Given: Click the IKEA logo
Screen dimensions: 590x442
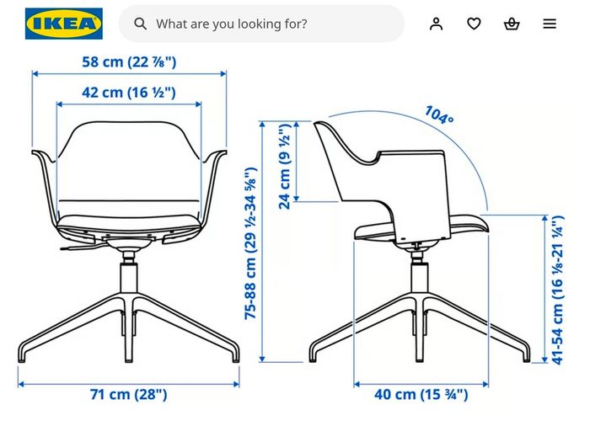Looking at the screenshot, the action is click(64, 24).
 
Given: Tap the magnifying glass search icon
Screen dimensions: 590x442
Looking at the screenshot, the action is click(141, 24).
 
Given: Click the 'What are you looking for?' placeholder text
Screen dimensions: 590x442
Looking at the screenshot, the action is click(232, 24).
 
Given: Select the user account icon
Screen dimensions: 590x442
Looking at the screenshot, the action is click(436, 24).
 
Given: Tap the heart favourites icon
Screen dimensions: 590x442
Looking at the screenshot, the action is click(474, 24).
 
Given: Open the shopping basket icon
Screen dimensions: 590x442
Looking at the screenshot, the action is click(512, 24).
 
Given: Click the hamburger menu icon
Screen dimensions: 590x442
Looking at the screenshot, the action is click(550, 24).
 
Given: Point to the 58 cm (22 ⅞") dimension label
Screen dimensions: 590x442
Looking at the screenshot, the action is click(129, 61).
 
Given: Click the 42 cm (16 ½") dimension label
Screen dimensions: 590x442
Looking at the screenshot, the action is click(129, 93).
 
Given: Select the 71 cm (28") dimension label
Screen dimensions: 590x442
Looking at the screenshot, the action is click(128, 394).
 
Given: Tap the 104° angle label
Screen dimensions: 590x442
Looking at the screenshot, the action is click(439, 114).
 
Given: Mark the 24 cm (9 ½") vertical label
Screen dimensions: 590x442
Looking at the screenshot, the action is click(285, 166).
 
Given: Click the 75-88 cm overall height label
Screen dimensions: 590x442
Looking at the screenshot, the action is click(250, 243).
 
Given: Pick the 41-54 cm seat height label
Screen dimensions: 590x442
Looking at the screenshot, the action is click(558, 290).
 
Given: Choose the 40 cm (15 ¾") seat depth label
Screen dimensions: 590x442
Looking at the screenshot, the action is click(421, 394).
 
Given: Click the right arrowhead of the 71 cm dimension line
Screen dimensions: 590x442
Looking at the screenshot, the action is click(237, 384).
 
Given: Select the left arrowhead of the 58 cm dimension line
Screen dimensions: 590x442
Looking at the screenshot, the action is click(35, 74).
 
